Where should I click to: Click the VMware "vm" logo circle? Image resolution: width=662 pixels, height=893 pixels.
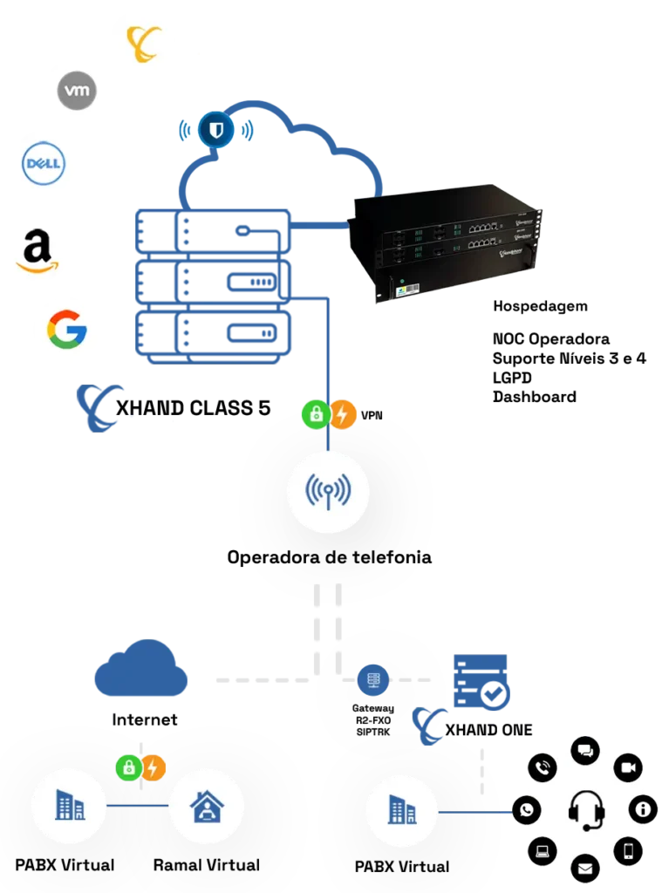[77, 91]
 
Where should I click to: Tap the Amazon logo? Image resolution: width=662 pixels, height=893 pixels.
[37, 249]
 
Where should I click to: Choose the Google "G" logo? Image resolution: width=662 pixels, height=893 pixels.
[68, 332]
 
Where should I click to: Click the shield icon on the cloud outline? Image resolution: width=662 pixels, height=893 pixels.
[213, 132]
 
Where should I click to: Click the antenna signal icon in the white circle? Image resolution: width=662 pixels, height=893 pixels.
[328, 492]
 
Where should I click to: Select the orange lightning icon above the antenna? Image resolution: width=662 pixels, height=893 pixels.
[342, 414]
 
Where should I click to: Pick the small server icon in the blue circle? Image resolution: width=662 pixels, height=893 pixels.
[372, 679]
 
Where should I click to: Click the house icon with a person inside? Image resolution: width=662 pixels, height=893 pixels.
[207, 808]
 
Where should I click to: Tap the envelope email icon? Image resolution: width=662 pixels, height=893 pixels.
[585, 869]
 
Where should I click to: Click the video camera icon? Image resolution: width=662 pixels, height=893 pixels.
[628, 767]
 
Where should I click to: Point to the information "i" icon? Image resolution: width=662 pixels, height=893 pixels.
[644, 810]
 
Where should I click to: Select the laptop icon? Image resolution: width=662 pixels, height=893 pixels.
[543, 849]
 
